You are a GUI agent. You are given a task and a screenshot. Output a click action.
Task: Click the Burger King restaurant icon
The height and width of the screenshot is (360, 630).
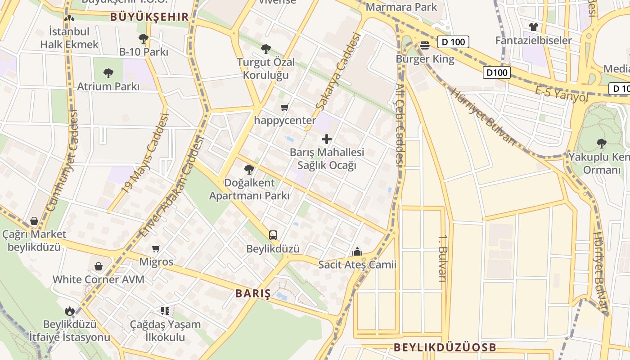point(425,45)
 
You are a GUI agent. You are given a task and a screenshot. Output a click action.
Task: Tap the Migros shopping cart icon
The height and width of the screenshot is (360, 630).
point(156,248)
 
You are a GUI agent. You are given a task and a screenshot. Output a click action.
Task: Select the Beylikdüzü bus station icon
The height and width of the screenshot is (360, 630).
point(273,235)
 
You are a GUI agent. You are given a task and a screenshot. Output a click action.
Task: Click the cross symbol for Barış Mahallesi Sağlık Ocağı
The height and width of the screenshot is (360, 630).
point(327,139)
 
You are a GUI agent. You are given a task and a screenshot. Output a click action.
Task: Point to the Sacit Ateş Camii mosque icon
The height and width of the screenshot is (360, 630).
point(357,251)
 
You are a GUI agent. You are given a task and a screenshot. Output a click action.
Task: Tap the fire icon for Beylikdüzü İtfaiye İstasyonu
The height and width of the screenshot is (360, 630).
point(69,310)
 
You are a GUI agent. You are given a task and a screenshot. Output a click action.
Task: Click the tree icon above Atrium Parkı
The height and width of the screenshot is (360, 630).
point(108,72)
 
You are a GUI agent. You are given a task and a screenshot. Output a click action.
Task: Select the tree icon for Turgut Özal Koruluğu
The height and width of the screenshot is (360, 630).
point(266,48)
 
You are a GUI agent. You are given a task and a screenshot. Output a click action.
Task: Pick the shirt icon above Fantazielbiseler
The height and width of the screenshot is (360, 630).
point(533,27)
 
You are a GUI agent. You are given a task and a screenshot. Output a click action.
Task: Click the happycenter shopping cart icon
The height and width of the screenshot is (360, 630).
point(284,107)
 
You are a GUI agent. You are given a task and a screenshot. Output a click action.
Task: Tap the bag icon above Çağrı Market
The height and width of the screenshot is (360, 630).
point(34,220)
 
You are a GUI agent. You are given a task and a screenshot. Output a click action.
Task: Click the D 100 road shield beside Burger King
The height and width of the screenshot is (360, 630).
point(453,42)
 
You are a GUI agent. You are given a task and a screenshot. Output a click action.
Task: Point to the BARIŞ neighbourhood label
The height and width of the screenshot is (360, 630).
point(253,294)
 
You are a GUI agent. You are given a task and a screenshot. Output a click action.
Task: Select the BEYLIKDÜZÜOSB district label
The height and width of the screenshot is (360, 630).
point(445,347)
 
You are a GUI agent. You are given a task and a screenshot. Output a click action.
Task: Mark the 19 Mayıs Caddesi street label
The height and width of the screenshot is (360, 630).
point(145,153)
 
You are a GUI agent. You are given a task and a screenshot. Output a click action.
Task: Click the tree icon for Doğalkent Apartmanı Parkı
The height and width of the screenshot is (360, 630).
point(249,169)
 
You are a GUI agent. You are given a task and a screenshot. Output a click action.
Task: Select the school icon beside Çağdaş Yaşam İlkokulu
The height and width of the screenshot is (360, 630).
point(165,310)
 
